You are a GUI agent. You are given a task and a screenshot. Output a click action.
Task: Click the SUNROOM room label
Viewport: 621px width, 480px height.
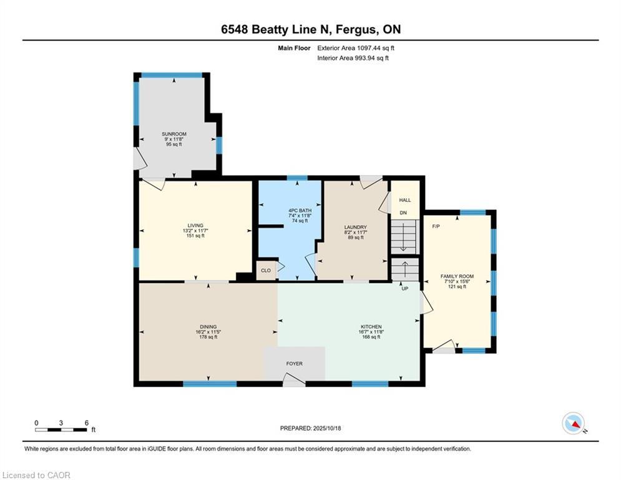pyautogui.click(x=174, y=134)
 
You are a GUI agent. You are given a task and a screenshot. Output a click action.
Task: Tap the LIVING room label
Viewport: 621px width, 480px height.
pyautogui.click(x=195, y=226)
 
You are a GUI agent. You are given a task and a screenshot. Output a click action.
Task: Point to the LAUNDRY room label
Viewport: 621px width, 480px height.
pyautogui.click(x=355, y=227)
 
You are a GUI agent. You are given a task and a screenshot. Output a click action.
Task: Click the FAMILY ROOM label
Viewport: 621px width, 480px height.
pyautogui.click(x=457, y=276)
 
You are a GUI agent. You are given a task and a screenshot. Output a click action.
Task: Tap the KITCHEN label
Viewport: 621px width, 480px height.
pyautogui.click(x=371, y=327)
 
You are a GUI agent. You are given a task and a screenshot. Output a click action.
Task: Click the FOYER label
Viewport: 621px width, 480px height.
pyautogui.click(x=294, y=364)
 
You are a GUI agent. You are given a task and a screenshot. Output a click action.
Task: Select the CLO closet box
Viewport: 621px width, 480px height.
pyautogui.click(x=266, y=271)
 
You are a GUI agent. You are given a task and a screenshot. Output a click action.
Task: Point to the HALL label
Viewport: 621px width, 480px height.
pyautogui.click(x=405, y=200)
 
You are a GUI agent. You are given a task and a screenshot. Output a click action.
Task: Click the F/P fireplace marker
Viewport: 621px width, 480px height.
pyautogui.click(x=436, y=226)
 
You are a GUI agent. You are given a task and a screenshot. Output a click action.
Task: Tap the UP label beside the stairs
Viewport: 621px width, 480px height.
pyautogui.click(x=404, y=289)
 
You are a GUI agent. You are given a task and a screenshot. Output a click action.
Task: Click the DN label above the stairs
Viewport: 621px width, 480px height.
pyautogui.click(x=403, y=213)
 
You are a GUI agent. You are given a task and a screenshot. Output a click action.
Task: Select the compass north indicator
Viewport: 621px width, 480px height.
pyautogui.click(x=574, y=423)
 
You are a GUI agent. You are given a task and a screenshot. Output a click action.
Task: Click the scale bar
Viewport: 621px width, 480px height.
pyautogui.click(x=61, y=429)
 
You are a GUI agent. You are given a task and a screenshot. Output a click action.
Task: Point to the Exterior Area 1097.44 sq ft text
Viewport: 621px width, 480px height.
pyautogui.click(x=356, y=47)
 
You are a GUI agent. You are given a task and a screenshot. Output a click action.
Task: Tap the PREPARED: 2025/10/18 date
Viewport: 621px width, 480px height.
pyautogui.click(x=310, y=428)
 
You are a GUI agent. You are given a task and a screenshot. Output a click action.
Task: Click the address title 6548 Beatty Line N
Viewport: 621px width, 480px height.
pyautogui.click(x=310, y=29)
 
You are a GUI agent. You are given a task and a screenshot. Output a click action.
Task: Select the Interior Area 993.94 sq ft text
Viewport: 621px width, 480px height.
pyautogui.click(x=353, y=58)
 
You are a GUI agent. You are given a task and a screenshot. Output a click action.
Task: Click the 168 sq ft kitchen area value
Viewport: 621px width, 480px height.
pyautogui.click(x=371, y=337)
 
